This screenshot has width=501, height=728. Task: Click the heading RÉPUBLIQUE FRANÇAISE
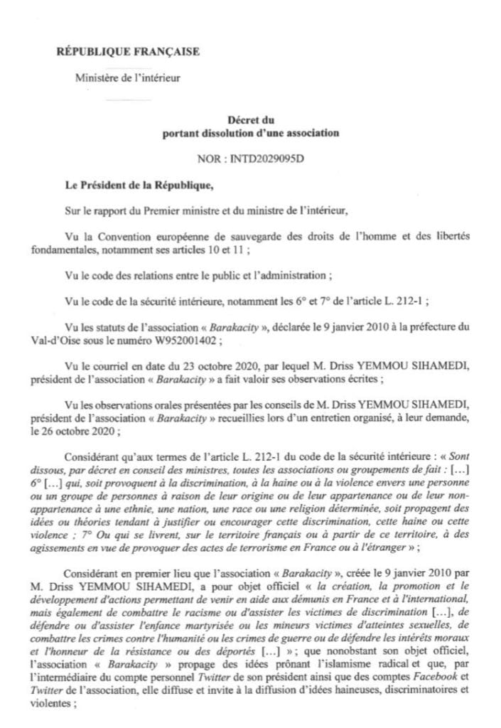[x=127, y=51]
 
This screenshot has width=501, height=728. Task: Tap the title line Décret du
[x=251, y=121]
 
